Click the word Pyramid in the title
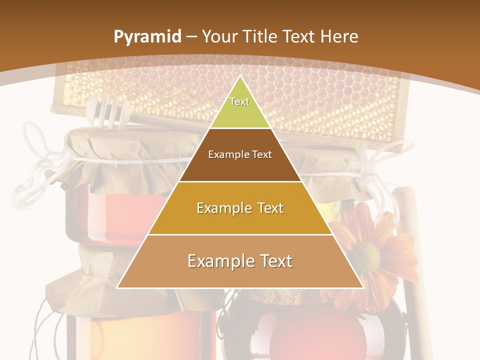(147, 37)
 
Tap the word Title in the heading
(261, 37)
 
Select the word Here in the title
(339, 37)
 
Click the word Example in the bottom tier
(220, 261)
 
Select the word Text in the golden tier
(268, 208)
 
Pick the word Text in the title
(299, 37)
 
